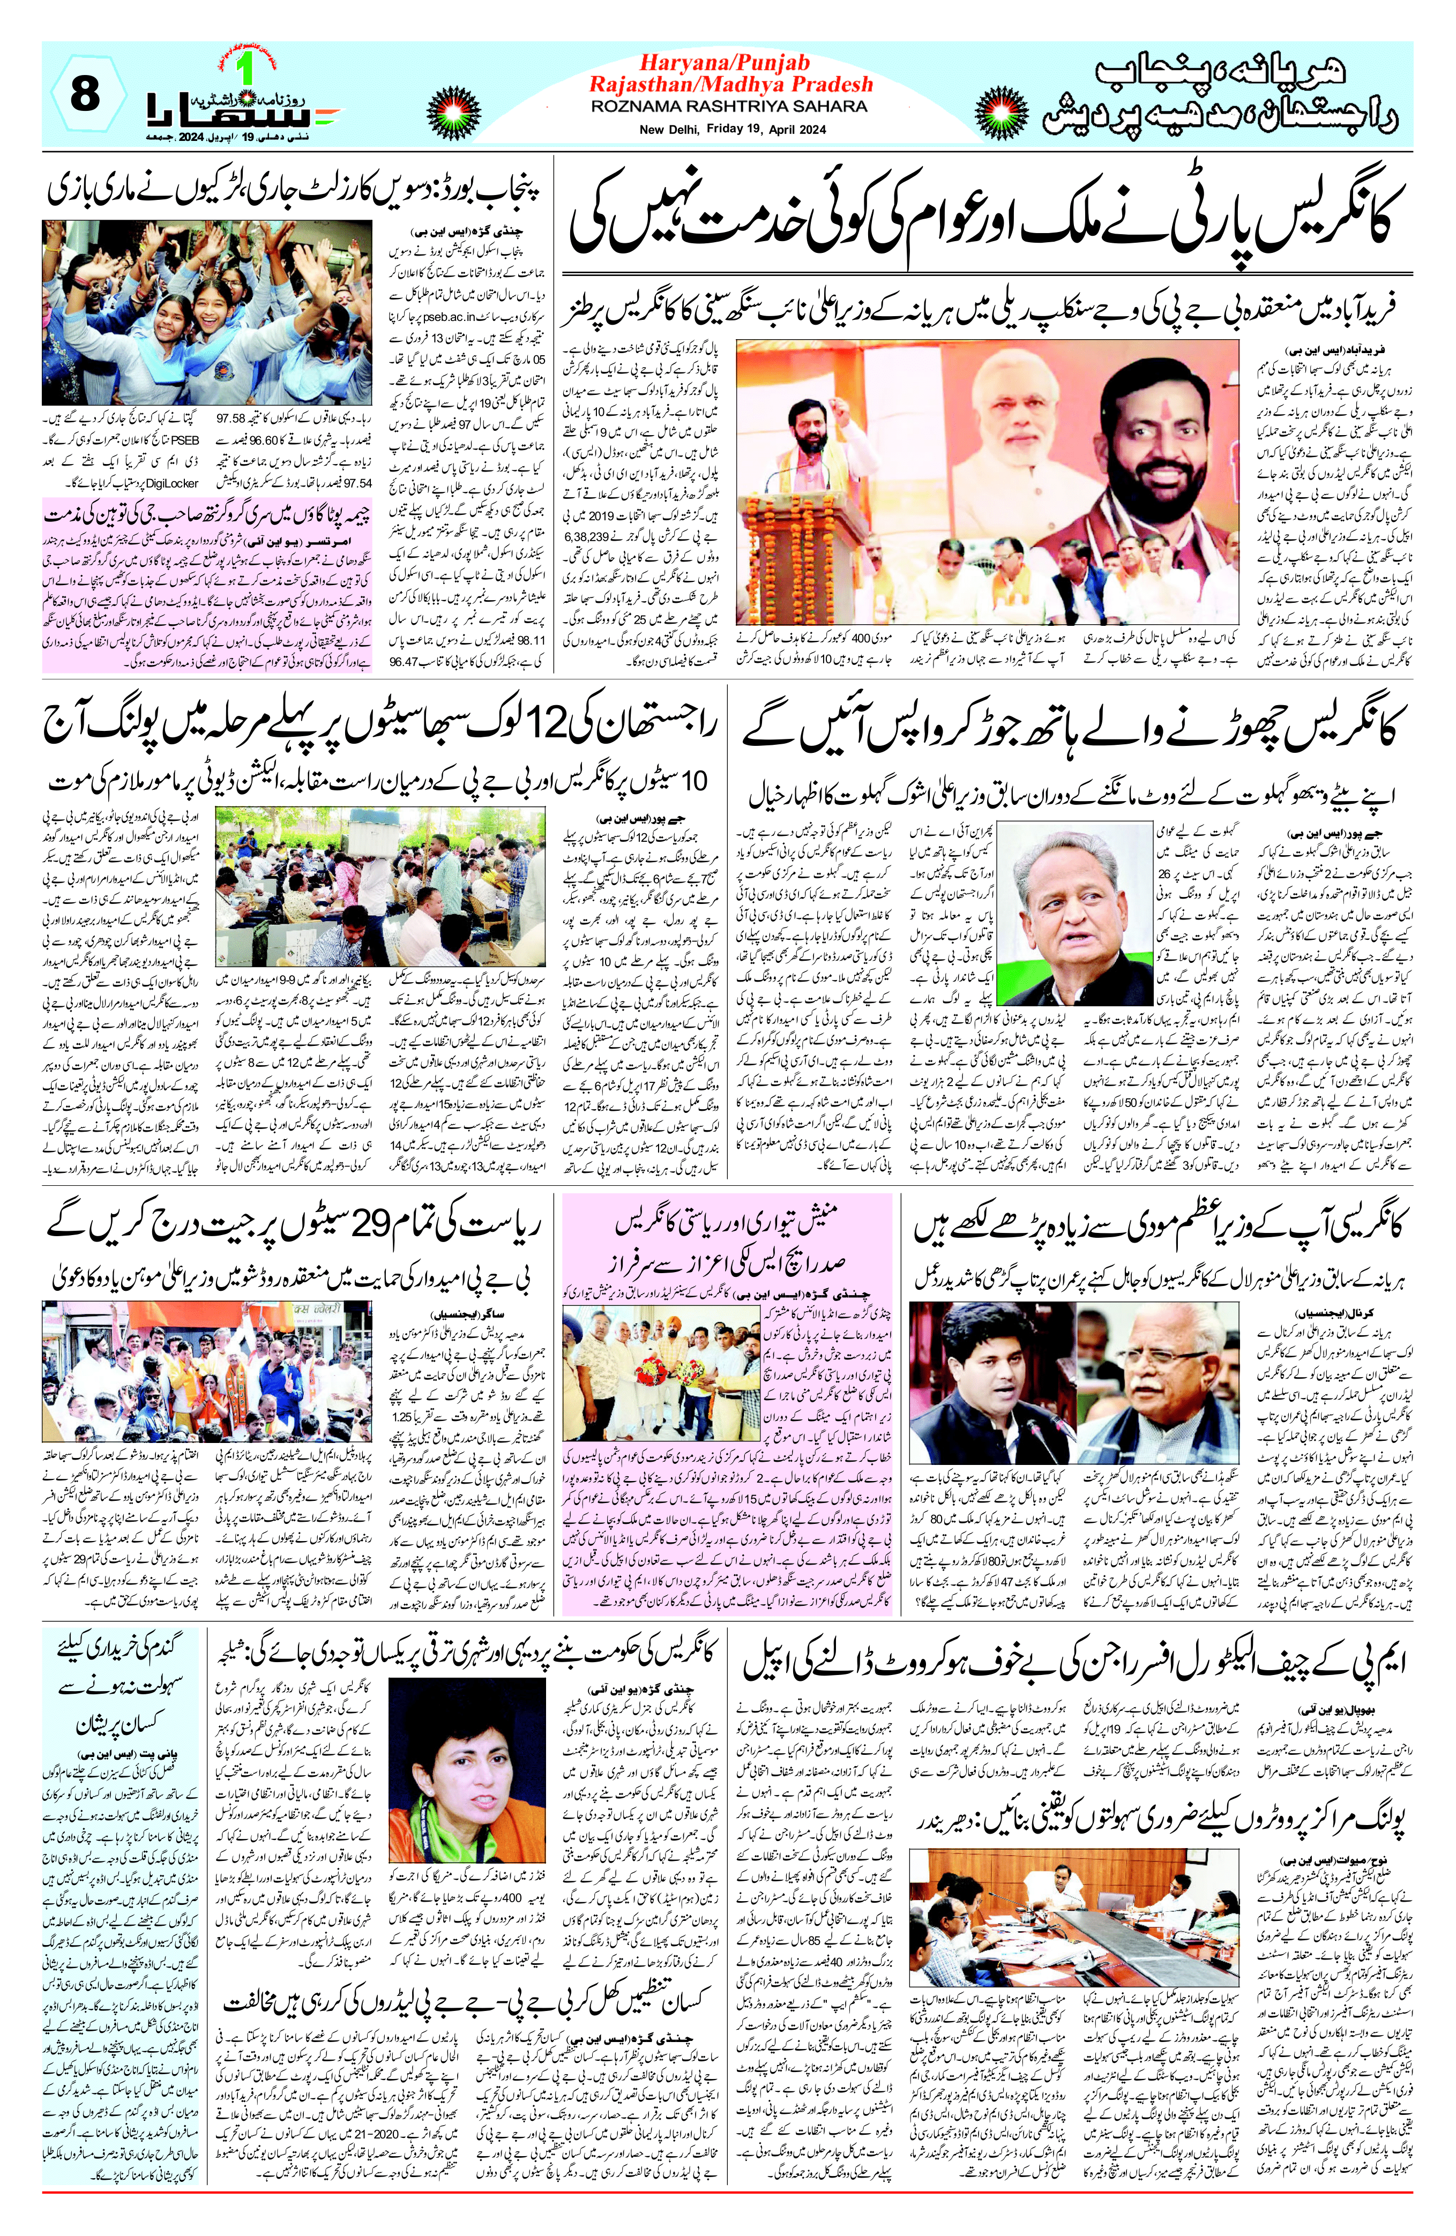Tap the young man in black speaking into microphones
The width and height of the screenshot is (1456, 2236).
click(987, 1381)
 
